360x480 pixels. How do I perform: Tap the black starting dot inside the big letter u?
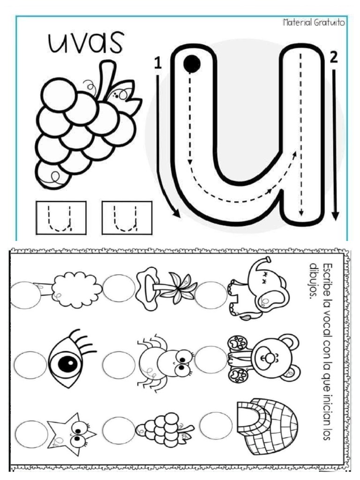192,64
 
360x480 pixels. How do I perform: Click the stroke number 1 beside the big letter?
157,63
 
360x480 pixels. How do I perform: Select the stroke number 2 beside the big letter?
333,58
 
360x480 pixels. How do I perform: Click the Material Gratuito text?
314,22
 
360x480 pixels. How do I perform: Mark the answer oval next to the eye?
30,365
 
